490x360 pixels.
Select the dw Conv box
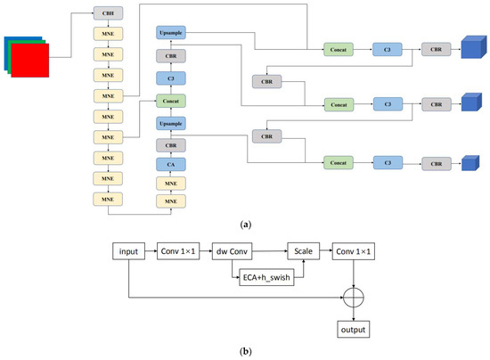point(233,253)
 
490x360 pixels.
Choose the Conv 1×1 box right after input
point(181,253)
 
